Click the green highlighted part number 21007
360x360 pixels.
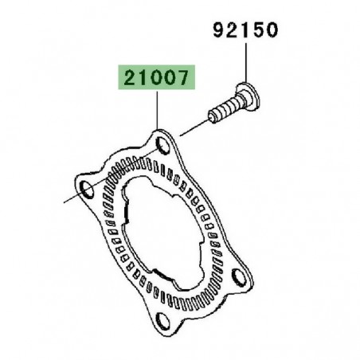pos(157,79)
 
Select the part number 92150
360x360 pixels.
pos(245,32)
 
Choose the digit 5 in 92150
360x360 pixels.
pos(259,32)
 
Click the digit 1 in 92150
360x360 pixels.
pos(246,32)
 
